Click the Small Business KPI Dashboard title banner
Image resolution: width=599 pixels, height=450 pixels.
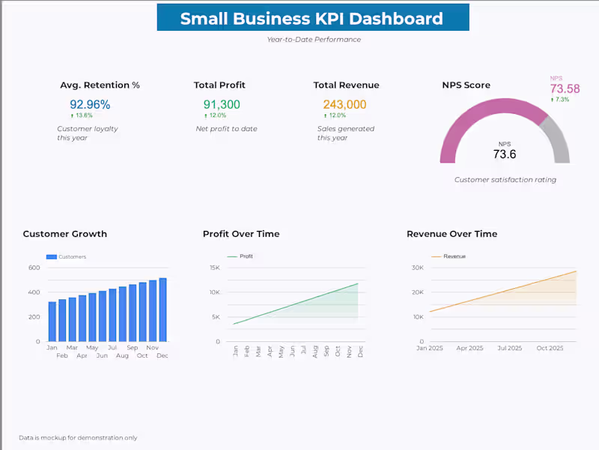point(312,18)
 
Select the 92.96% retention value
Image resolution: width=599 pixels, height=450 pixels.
point(90,105)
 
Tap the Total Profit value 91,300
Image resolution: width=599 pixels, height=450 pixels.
point(222,105)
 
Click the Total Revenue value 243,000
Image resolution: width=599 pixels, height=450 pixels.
point(344,105)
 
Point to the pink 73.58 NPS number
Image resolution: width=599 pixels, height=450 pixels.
point(565,88)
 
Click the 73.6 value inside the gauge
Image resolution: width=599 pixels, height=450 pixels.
point(504,154)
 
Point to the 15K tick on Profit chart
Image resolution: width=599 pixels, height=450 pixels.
point(214,268)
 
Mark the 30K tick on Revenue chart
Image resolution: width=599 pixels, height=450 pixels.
point(418,268)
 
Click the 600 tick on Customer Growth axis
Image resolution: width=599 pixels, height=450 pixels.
point(34,268)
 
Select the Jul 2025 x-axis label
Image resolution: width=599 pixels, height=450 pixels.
point(509,348)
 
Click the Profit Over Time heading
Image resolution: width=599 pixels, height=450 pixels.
point(241,234)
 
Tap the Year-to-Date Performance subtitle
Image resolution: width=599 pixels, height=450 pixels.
point(313,40)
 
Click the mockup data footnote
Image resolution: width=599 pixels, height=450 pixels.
point(78,438)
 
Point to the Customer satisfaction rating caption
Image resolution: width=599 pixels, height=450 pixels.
point(505,180)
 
